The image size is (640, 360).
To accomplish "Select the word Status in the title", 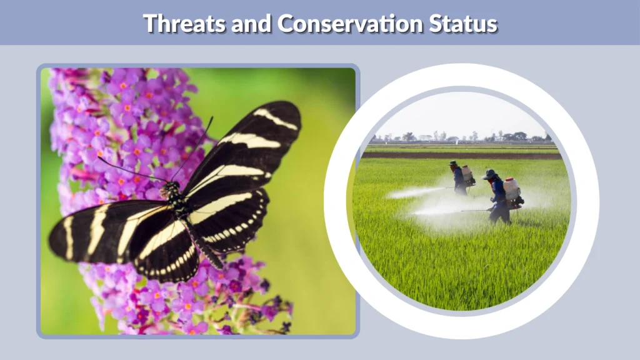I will pos(463,24).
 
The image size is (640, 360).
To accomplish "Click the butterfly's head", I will pos(171,187).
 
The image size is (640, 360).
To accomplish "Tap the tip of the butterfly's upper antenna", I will pos(211,117).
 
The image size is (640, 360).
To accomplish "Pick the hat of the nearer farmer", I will pos(489,174).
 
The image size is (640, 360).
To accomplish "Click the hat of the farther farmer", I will pos(452,164).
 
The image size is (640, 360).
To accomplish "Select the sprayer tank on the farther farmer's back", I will pos(467,174).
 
